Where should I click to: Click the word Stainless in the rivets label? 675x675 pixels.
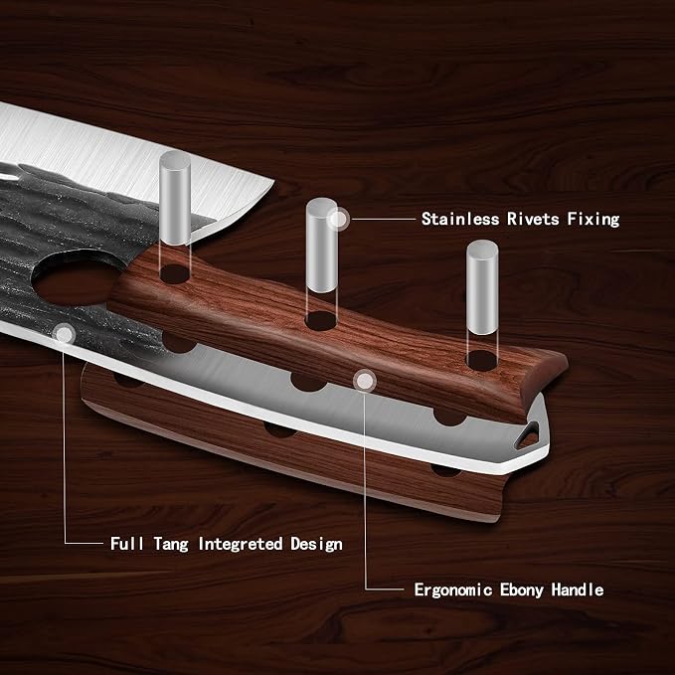(459, 219)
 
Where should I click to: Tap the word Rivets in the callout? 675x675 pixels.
(533, 219)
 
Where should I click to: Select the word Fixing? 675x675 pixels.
(593, 219)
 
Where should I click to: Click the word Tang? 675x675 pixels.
(171, 544)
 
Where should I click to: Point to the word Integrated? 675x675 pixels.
(241, 544)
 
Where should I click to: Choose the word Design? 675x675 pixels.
(316, 544)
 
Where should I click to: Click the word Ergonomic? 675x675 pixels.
(453, 590)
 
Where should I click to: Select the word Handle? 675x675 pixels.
(578, 590)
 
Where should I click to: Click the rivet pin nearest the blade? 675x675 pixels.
(175, 198)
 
